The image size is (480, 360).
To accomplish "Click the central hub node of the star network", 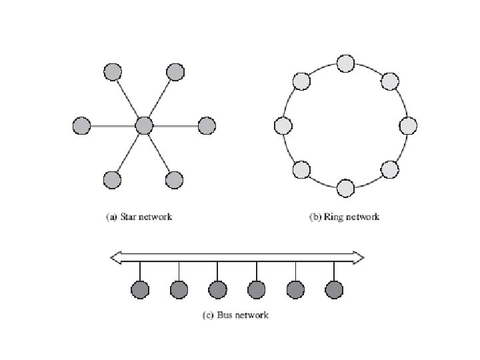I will pos(144,125).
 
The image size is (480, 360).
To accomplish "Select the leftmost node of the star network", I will pos(81,125).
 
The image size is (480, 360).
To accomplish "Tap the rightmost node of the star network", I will pos(207,125).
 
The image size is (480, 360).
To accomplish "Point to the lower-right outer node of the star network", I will pos(174,179).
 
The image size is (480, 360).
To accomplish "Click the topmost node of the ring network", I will pos(345,63).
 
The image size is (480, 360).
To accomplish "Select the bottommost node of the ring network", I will pos(345,187).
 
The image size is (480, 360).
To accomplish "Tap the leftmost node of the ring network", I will pos(283,125).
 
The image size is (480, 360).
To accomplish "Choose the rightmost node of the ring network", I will pos(408,125).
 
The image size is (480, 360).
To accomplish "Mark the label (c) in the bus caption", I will pos(207,315).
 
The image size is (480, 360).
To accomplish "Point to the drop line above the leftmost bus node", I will pos(140,271).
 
